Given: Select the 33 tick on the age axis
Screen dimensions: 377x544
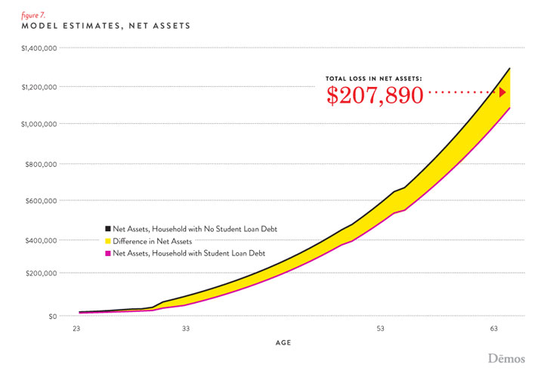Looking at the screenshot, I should [x=185, y=329].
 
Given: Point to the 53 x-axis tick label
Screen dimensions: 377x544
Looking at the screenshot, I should [x=381, y=329].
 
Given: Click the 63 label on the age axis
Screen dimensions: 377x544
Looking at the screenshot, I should [x=494, y=329].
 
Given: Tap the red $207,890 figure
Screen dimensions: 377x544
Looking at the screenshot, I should [x=374, y=94].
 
